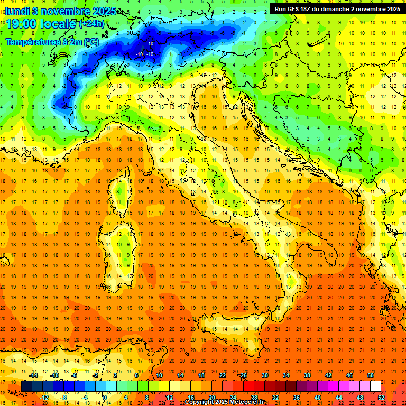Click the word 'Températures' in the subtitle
pyautogui.click(x=32, y=42)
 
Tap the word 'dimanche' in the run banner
pyautogui.click(x=344, y=9)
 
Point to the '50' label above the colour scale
pyautogui.click(x=371, y=375)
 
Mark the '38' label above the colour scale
pyautogui.click(x=307, y=375)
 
